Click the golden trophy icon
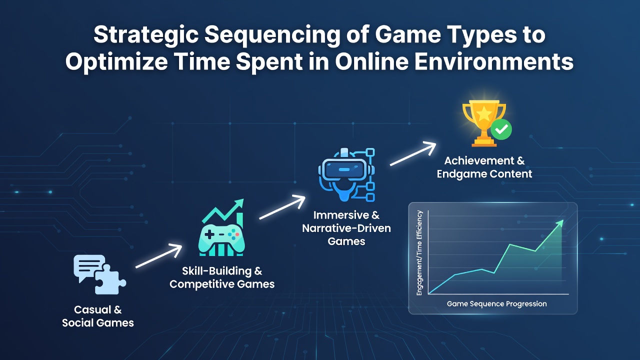(x=484, y=123)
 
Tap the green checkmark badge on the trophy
(x=501, y=129)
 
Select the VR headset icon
(x=347, y=175)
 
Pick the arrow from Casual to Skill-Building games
(x=159, y=256)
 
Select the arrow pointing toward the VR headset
(x=282, y=207)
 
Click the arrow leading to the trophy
(x=413, y=153)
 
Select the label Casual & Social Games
(x=98, y=316)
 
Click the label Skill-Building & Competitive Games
(x=222, y=277)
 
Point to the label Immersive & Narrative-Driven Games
(x=346, y=228)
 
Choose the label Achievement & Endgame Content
(x=484, y=167)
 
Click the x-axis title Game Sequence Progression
(x=497, y=303)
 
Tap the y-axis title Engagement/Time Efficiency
(x=419, y=253)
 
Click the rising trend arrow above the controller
(x=223, y=211)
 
